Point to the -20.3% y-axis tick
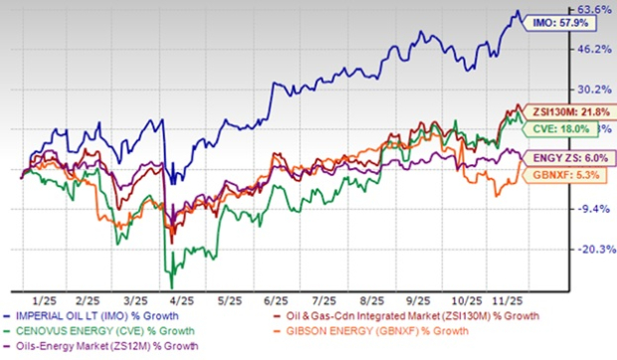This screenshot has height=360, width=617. [x=594, y=250]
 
